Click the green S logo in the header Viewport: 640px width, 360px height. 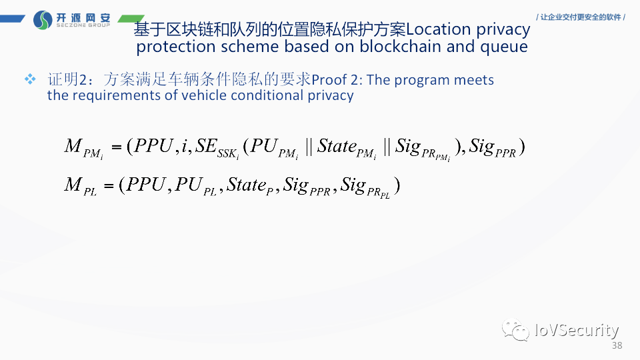click(x=42, y=19)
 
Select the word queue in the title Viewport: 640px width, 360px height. click(x=505, y=47)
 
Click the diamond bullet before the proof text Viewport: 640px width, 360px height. click(x=30, y=80)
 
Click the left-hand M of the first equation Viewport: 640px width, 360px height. click(x=73, y=147)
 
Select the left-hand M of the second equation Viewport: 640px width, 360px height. click(x=73, y=185)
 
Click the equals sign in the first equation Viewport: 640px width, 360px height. click(x=117, y=147)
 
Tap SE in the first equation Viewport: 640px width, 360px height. click(x=205, y=147)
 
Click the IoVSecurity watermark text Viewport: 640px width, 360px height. click(x=577, y=330)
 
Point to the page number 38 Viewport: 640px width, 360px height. click(x=616, y=345)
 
